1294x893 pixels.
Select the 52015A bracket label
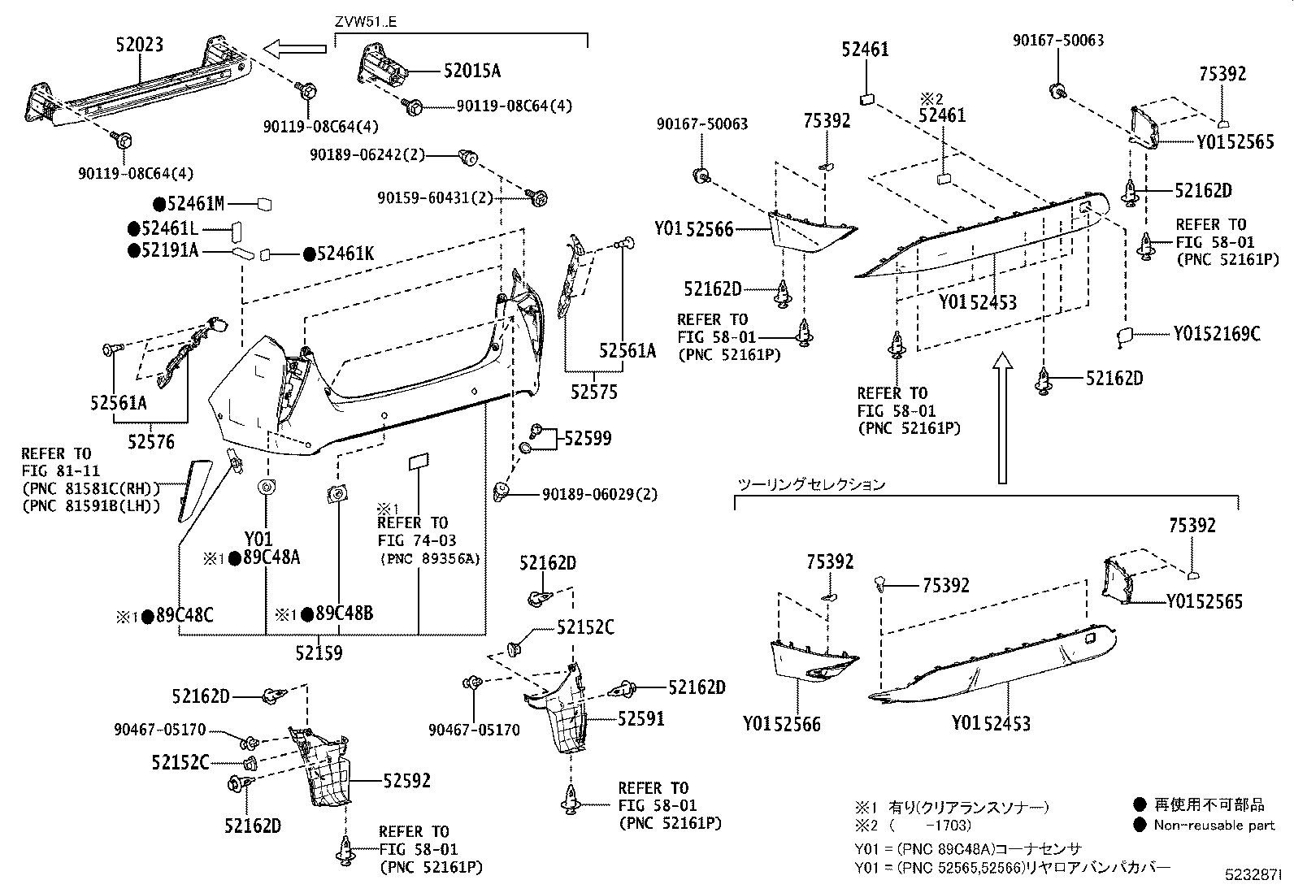pyautogui.click(x=471, y=71)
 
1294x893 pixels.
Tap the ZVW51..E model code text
pyautogui.click(x=367, y=22)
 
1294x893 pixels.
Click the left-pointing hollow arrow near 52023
pyautogui.click(x=297, y=50)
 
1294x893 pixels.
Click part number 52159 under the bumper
pyautogui.click(x=319, y=652)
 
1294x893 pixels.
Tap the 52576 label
pyautogui.click(x=150, y=442)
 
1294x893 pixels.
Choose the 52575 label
pyautogui.click(x=593, y=392)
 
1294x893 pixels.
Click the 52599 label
pyautogui.click(x=588, y=439)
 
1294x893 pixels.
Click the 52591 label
pyautogui.click(x=640, y=718)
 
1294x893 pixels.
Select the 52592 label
pyautogui.click(x=406, y=781)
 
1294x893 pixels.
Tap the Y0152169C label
pyautogui.click(x=1216, y=333)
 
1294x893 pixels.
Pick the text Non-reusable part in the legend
pyautogui.click(x=1214, y=825)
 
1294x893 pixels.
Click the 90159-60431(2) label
pyautogui.click(x=423, y=197)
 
